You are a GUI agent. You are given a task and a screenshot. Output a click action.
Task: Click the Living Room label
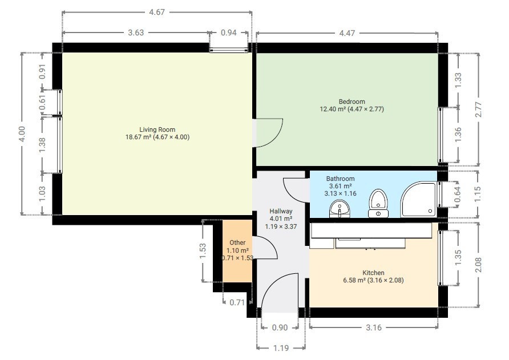point(157,130)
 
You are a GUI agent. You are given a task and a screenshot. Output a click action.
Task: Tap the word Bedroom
point(352,102)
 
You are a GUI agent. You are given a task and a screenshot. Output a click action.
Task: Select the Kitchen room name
point(373,273)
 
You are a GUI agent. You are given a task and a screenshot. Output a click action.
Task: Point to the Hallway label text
point(281,211)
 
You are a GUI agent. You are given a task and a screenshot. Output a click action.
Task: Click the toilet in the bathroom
point(378,203)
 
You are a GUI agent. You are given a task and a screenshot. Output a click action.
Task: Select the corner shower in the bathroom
point(419,200)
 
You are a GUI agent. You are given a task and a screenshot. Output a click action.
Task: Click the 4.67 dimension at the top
point(157,12)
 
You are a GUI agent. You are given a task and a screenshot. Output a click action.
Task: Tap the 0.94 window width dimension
point(229,33)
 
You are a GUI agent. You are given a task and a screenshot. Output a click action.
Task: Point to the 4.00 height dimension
point(22,134)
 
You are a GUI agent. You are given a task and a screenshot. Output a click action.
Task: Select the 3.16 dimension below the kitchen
point(374,327)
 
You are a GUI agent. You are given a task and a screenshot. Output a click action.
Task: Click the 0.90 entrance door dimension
point(280,327)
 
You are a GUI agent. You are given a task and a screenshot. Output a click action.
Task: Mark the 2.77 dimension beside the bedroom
point(478,110)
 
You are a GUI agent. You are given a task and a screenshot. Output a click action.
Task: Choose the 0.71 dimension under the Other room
point(237,302)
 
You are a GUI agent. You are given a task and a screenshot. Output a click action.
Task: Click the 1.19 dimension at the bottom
point(281,349)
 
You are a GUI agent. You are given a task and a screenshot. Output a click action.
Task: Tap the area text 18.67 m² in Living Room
point(139,137)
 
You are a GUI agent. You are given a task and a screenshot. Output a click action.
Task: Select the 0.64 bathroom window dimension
point(458,195)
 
